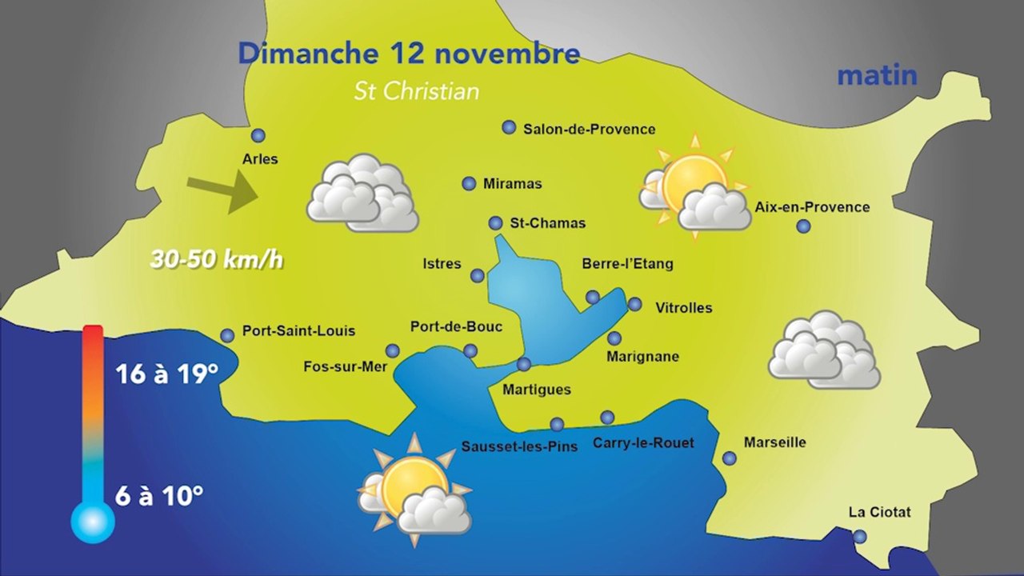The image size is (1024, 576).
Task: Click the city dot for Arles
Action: point(258,136)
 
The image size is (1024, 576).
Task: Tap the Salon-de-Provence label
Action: point(589,129)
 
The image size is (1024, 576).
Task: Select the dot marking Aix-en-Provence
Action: point(803,226)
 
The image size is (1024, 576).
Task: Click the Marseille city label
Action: point(774,442)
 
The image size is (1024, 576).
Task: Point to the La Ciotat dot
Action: point(859,537)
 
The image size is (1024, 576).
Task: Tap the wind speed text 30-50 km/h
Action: point(217,260)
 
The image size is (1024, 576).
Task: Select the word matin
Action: point(877,76)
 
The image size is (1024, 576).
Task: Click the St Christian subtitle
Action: point(417,91)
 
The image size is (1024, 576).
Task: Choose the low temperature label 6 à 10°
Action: point(158,496)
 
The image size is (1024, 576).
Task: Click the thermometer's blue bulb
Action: point(93,522)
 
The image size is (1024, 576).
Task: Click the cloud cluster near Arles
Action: point(362,194)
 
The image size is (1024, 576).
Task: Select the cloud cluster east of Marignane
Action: point(824,351)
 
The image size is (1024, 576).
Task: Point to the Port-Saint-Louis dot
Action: point(227,336)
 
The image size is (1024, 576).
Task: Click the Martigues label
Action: point(536,390)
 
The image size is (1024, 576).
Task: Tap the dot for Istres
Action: point(478,276)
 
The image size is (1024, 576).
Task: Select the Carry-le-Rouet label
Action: point(643,442)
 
